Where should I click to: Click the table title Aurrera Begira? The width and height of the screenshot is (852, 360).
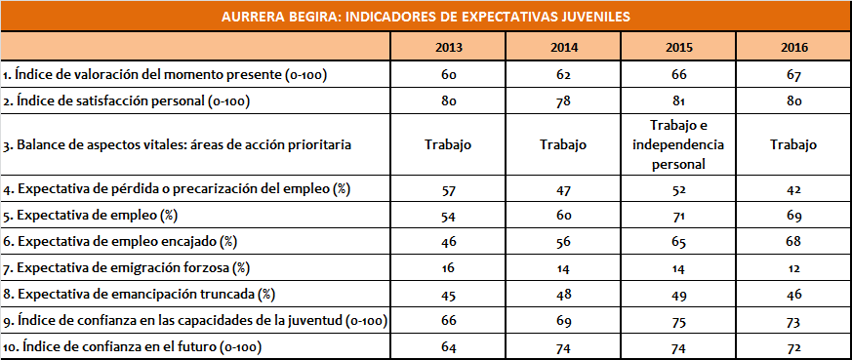[x=425, y=16]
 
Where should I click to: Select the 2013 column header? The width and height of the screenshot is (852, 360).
[x=448, y=47]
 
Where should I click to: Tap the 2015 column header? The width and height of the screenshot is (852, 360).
[x=678, y=47]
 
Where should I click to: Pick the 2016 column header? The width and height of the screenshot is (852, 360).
[x=794, y=47]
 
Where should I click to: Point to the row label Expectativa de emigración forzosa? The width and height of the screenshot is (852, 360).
[x=126, y=266]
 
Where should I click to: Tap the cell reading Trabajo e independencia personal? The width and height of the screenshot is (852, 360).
[x=678, y=144]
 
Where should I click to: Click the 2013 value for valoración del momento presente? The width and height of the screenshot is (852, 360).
[x=448, y=74]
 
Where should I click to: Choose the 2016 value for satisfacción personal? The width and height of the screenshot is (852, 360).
[x=794, y=100]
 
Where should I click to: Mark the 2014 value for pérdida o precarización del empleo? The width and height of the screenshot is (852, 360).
[x=563, y=186]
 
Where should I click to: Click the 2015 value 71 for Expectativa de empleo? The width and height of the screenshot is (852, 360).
[x=678, y=213]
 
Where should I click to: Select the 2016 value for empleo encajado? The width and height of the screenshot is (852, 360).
[x=794, y=240]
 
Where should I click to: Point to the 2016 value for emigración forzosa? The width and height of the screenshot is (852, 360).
[x=794, y=266]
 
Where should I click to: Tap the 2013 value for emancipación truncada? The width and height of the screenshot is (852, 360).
[x=448, y=293]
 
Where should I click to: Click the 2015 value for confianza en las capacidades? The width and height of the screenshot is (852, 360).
[x=678, y=320]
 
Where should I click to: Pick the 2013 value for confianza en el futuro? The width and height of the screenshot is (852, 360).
[x=448, y=346]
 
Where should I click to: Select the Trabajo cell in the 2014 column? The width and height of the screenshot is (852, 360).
[x=563, y=144]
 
